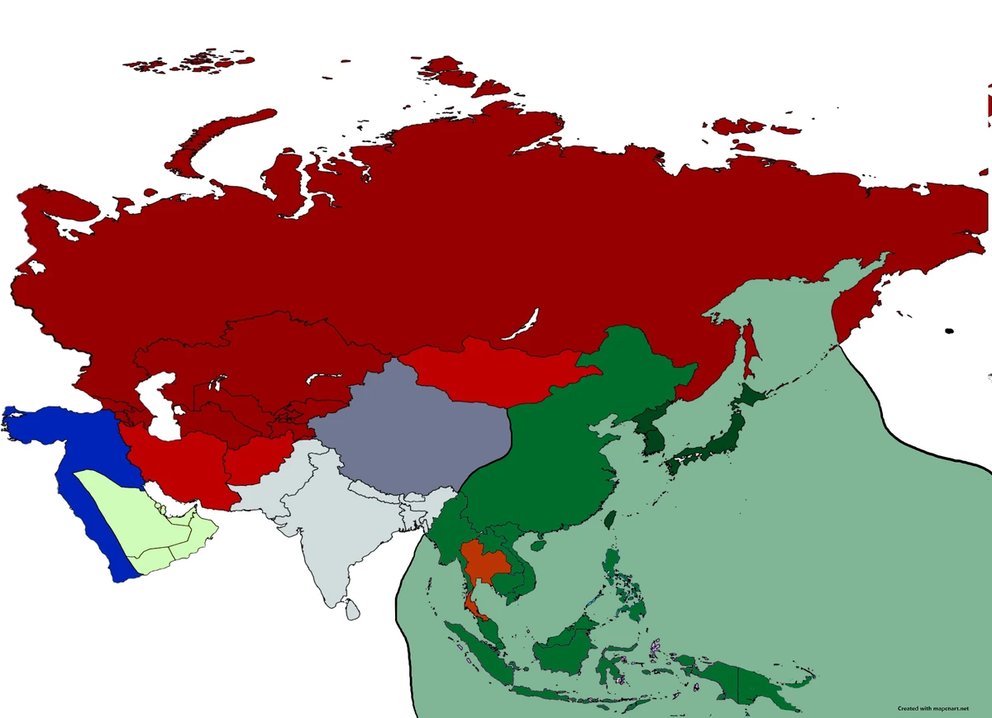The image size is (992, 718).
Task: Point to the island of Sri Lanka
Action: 352,610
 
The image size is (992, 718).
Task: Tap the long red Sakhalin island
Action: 751,347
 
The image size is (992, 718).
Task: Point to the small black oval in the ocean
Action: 949,330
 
